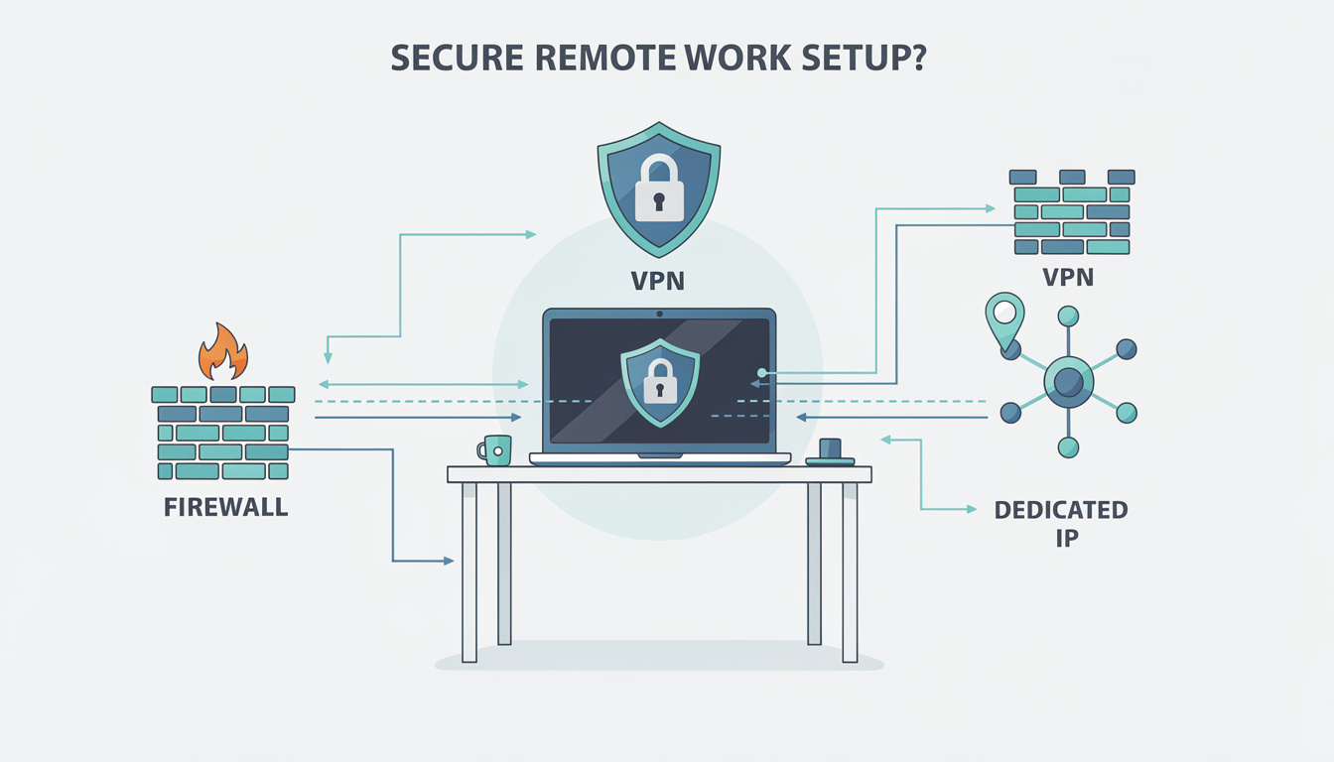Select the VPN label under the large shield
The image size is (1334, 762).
tap(658, 281)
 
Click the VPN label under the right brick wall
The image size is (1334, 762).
tap(1068, 277)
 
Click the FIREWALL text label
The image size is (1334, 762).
tap(225, 508)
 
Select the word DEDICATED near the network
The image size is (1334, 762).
tap(1061, 511)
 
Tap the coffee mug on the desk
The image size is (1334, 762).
tap(495, 449)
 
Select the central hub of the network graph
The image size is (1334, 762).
tap(1068, 381)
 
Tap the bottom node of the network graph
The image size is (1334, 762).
tap(1068, 446)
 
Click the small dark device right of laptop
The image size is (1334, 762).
tap(830, 452)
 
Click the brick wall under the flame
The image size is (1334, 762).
tap(223, 433)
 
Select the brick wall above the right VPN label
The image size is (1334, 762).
tap(1072, 212)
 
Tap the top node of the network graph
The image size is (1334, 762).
tap(1068, 317)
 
